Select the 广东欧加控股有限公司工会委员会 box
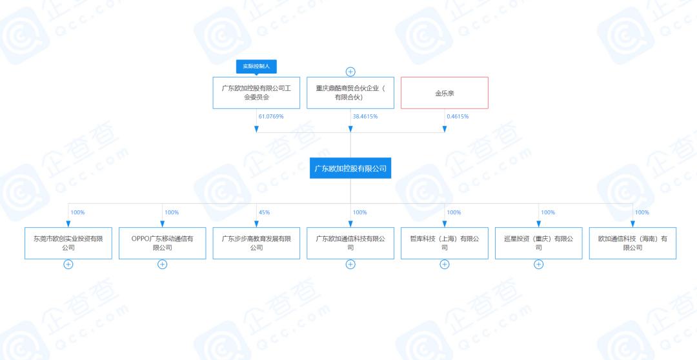(x=256, y=93)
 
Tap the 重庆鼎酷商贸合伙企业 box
(x=350, y=93)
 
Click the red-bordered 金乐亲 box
(x=445, y=93)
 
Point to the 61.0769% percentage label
(x=271, y=117)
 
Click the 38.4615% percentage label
(x=365, y=117)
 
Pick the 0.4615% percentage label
(x=458, y=117)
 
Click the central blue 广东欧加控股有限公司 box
(x=350, y=168)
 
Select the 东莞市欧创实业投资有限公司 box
(x=68, y=243)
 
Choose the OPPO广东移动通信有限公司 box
(x=163, y=243)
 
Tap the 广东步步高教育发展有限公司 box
(x=256, y=243)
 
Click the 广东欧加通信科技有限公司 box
(x=350, y=243)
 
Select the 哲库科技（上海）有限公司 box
(x=445, y=243)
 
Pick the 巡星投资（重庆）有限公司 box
(x=539, y=243)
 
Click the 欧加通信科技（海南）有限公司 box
(x=632, y=243)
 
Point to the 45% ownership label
(x=264, y=212)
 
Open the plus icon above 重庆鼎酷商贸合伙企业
(x=350, y=72)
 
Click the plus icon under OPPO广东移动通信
(x=163, y=264)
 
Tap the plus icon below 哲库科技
(x=445, y=264)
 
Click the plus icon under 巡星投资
(x=539, y=264)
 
